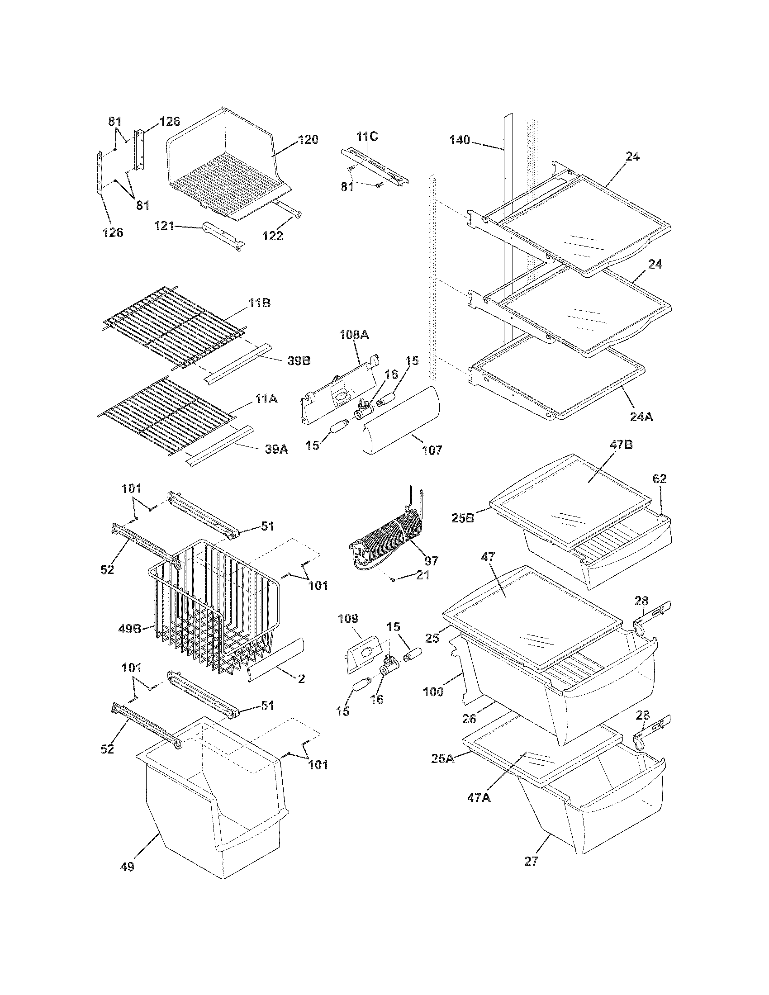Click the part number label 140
coord(459,140)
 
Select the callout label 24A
coord(641,416)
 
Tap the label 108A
coord(354,335)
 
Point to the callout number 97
coord(431,560)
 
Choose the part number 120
coord(308,139)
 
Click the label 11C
coord(367,136)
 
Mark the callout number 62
coord(659,479)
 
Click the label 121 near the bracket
coord(164,226)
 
